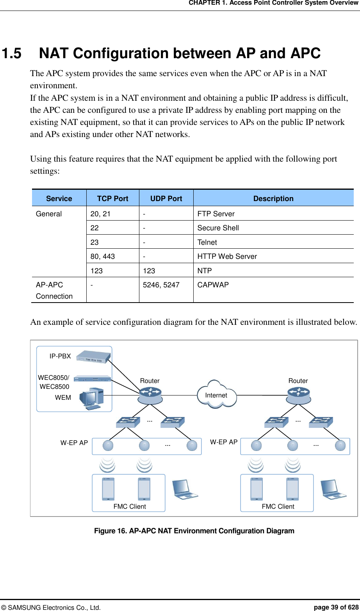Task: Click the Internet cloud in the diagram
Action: click(x=217, y=395)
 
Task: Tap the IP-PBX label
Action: click(x=60, y=356)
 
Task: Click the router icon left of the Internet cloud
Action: click(x=150, y=395)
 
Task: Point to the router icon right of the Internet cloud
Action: click(x=298, y=395)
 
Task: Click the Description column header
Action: click(x=273, y=198)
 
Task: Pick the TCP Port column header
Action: click(x=112, y=198)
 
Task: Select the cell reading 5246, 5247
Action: click(x=161, y=285)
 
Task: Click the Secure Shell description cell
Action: click(x=218, y=228)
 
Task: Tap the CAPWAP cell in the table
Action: click(x=213, y=285)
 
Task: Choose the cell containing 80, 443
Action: click(x=103, y=257)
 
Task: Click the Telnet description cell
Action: click(x=207, y=242)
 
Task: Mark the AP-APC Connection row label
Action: click(x=54, y=290)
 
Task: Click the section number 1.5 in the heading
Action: click(x=12, y=53)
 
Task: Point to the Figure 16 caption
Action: click(x=194, y=531)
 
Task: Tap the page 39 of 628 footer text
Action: click(x=336, y=607)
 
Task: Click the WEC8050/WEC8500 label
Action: click(x=54, y=382)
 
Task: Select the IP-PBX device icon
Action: click(x=93, y=356)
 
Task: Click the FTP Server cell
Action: click(x=216, y=214)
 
